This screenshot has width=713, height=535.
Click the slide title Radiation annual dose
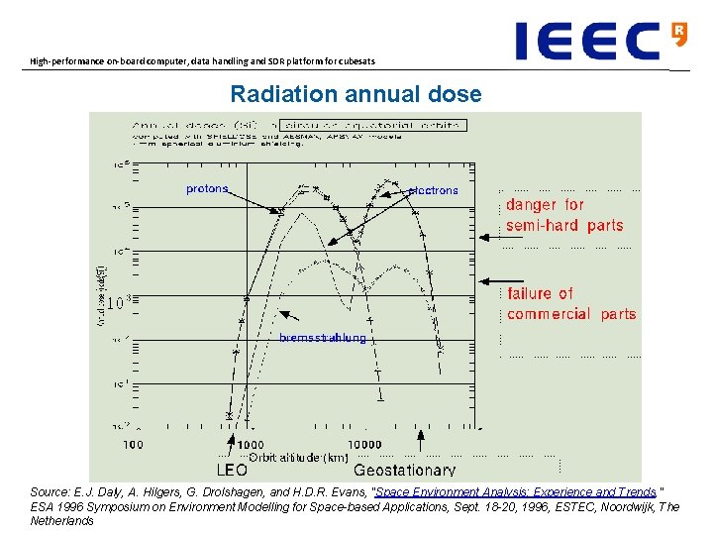356,95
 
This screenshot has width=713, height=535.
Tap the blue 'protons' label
207,188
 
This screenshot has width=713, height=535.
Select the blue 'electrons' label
433,190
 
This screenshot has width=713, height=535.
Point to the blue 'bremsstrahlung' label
322,338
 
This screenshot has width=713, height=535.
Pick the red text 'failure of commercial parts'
571,303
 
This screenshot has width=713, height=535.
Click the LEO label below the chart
233,470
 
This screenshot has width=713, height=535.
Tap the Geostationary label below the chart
405,470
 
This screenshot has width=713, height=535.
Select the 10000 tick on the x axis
364,445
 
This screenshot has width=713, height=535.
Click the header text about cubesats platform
202,61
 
